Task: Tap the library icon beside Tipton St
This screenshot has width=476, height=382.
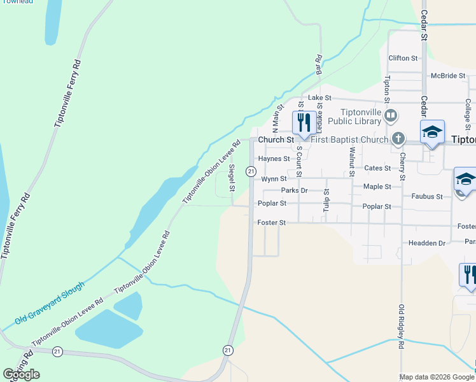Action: pos(391,116)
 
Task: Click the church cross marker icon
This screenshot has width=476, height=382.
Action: pos(398,138)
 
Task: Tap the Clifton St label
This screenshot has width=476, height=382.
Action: pos(403,58)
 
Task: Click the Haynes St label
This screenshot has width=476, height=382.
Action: pos(274,159)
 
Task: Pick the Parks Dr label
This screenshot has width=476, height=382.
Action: pos(294,190)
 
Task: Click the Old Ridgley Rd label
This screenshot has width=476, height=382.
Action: pos(402,327)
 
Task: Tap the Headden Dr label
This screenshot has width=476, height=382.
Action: pos(427,243)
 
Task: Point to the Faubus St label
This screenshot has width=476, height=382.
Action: pos(427,197)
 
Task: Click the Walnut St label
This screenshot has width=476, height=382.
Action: pos(351,160)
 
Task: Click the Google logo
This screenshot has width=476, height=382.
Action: pos(22,374)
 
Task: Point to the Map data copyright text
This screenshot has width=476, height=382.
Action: pos(437,377)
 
